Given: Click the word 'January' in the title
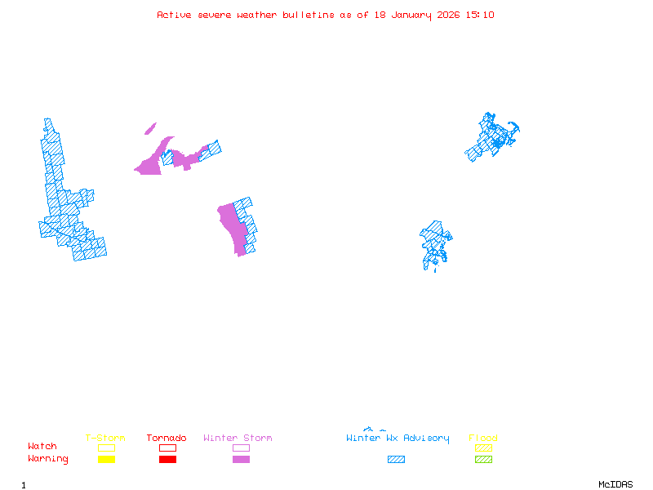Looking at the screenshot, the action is (407, 15).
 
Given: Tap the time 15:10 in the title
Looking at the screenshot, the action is (479, 15).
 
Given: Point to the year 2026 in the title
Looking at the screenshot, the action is (447, 15).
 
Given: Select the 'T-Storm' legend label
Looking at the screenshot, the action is (105, 439).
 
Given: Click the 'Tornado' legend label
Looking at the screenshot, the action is (167, 439).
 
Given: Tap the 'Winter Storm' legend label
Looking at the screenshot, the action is (238, 439).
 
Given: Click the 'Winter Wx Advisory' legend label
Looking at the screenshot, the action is (398, 439).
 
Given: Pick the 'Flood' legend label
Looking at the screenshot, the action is (483, 439).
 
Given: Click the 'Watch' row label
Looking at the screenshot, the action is (42, 447).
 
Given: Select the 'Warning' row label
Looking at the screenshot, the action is (48, 459).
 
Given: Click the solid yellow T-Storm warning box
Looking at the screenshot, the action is (106, 460).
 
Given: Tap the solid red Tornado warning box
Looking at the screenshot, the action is (167, 460).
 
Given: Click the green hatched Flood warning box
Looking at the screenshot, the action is (483, 460).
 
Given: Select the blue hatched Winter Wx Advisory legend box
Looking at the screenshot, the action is (396, 460).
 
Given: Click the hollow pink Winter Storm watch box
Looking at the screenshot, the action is (241, 448).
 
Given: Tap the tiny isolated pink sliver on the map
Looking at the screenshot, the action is (150, 128).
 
